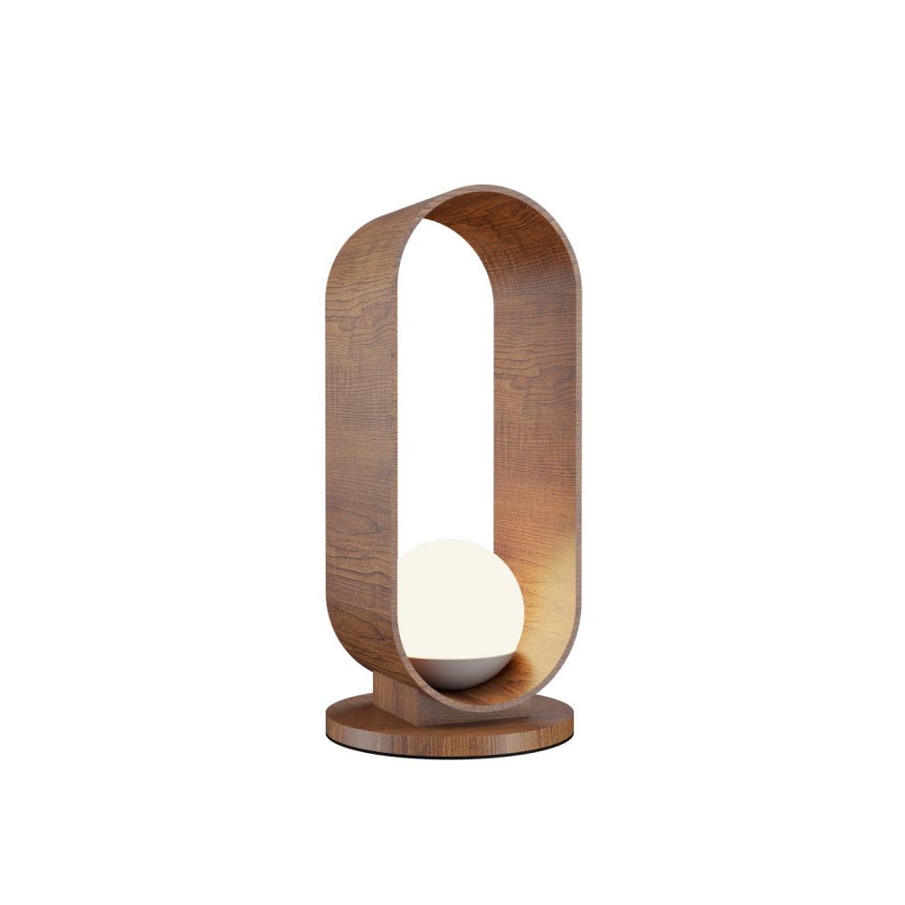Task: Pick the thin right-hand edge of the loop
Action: [x=578, y=452]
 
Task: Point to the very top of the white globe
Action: [x=458, y=541]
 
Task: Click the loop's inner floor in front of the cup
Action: [x=471, y=697]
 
